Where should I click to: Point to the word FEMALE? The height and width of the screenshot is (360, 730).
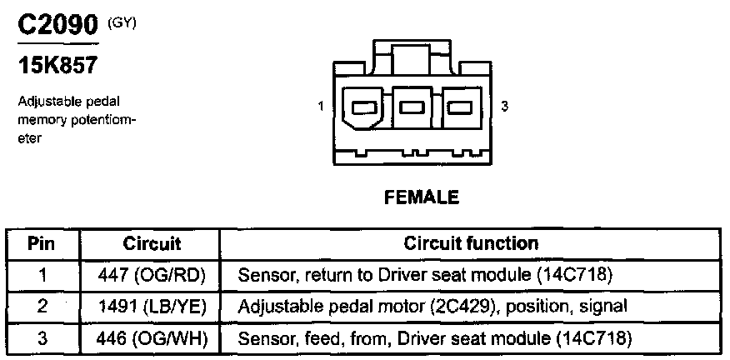tap(421, 197)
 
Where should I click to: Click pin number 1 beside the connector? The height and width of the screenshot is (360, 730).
tap(320, 107)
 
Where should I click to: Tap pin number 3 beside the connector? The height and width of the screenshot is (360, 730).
tap(505, 107)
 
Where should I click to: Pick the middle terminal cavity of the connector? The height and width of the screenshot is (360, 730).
tap(411, 107)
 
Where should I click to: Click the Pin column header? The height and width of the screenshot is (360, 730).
tap(42, 244)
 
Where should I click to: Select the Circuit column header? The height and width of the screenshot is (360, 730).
tap(152, 244)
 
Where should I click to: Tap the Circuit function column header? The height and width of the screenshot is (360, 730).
tap(471, 244)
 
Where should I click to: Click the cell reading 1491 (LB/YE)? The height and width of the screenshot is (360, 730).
tap(152, 307)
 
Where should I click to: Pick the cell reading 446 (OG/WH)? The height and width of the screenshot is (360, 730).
tap(152, 338)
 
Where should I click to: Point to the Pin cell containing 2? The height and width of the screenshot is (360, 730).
tap(42, 307)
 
